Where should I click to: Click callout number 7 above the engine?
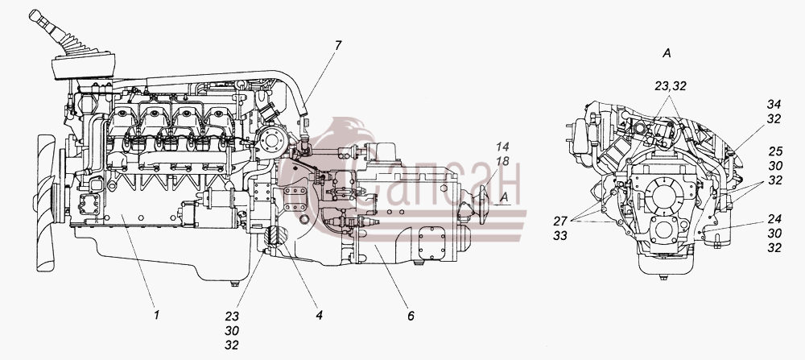tap(338, 46)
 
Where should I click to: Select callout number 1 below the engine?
tap(157, 315)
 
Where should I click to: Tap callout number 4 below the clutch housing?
tap(319, 315)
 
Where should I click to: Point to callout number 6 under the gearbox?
tap(411, 316)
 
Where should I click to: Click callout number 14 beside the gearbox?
tap(502, 147)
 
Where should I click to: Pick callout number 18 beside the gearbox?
tap(502, 162)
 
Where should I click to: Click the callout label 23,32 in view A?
tap(671, 86)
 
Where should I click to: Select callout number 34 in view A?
tap(774, 104)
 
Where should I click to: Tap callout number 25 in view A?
tap(775, 151)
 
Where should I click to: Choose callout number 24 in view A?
tap(774, 219)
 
